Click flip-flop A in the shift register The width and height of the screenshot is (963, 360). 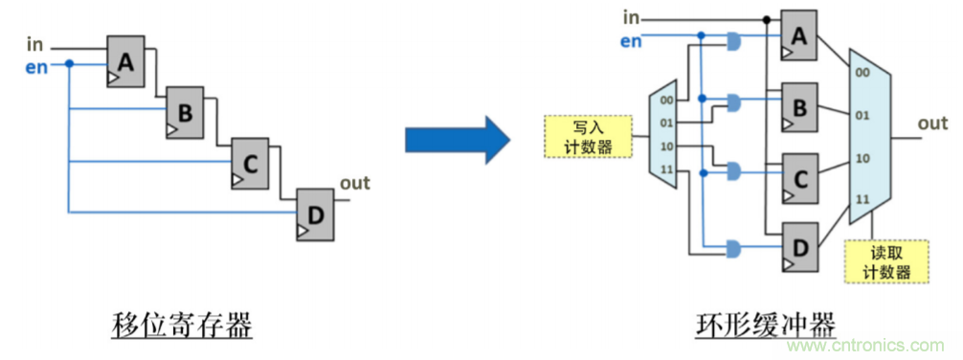[125, 63]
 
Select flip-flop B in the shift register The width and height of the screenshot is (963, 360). [185, 111]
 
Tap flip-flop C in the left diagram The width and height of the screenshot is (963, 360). [250, 163]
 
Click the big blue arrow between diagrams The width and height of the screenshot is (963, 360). [455, 139]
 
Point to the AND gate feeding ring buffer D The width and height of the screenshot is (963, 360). [734, 249]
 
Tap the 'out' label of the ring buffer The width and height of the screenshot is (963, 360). [932, 124]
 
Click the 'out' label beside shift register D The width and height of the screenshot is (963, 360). [354, 183]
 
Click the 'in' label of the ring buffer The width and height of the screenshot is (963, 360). [631, 16]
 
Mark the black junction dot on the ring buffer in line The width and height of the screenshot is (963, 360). [766, 18]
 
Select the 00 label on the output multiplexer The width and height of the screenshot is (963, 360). [862, 73]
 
